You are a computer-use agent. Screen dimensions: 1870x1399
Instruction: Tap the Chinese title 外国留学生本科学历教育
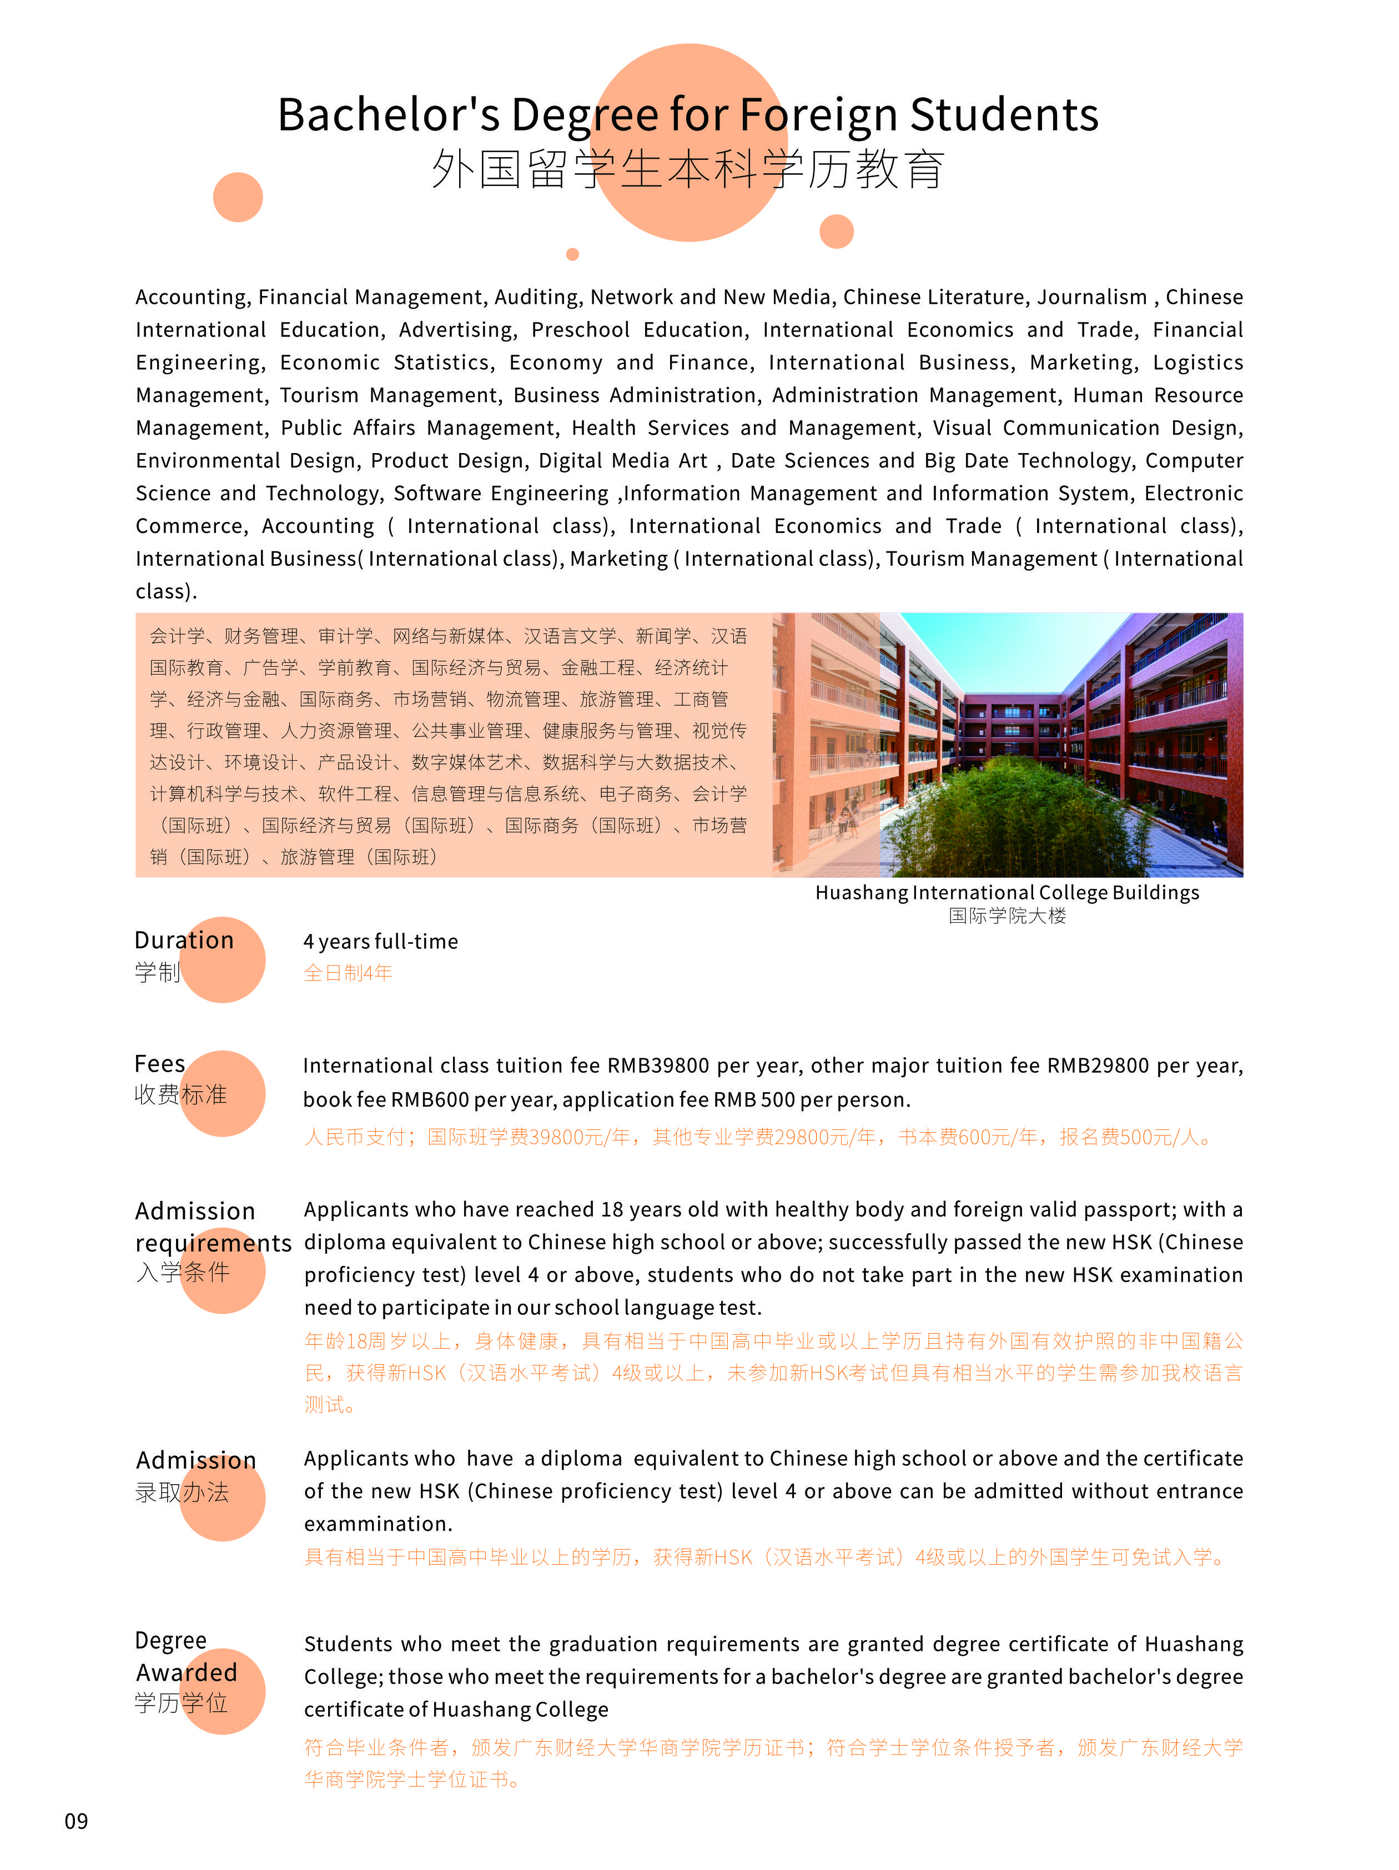(x=687, y=169)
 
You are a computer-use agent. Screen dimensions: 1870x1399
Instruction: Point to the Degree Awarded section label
(x=186, y=1656)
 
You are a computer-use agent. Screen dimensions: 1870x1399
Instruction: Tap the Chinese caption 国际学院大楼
(x=1006, y=916)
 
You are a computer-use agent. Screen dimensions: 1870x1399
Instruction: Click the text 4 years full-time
(x=380, y=942)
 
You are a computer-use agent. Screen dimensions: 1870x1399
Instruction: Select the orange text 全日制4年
(x=348, y=973)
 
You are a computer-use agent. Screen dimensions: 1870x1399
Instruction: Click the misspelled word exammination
(x=378, y=1524)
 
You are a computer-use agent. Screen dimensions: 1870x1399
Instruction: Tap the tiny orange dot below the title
(x=572, y=254)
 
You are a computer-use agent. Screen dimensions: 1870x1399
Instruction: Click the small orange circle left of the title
(x=238, y=197)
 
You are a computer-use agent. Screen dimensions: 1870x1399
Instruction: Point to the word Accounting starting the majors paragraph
(x=191, y=298)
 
